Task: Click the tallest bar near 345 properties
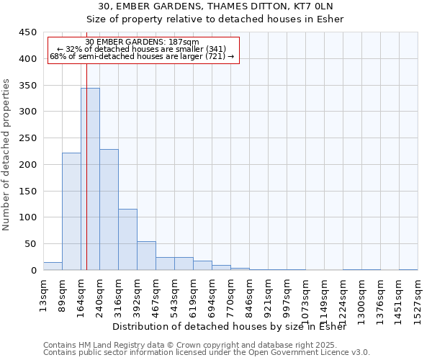[x=90, y=180]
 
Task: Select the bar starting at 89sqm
[x=71, y=212]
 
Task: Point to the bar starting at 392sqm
[x=146, y=256]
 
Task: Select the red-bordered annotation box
[x=143, y=50]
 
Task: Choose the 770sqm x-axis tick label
[x=230, y=294]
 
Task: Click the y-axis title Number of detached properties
[x=6, y=155]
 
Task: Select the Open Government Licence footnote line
[x=207, y=353]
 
